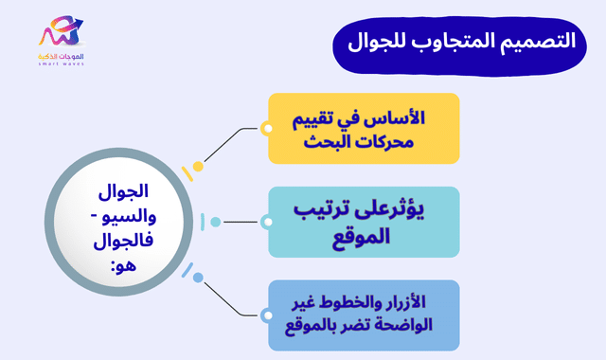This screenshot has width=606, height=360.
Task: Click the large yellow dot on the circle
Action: click(198, 167)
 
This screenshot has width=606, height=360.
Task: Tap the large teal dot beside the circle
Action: click(216, 223)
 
